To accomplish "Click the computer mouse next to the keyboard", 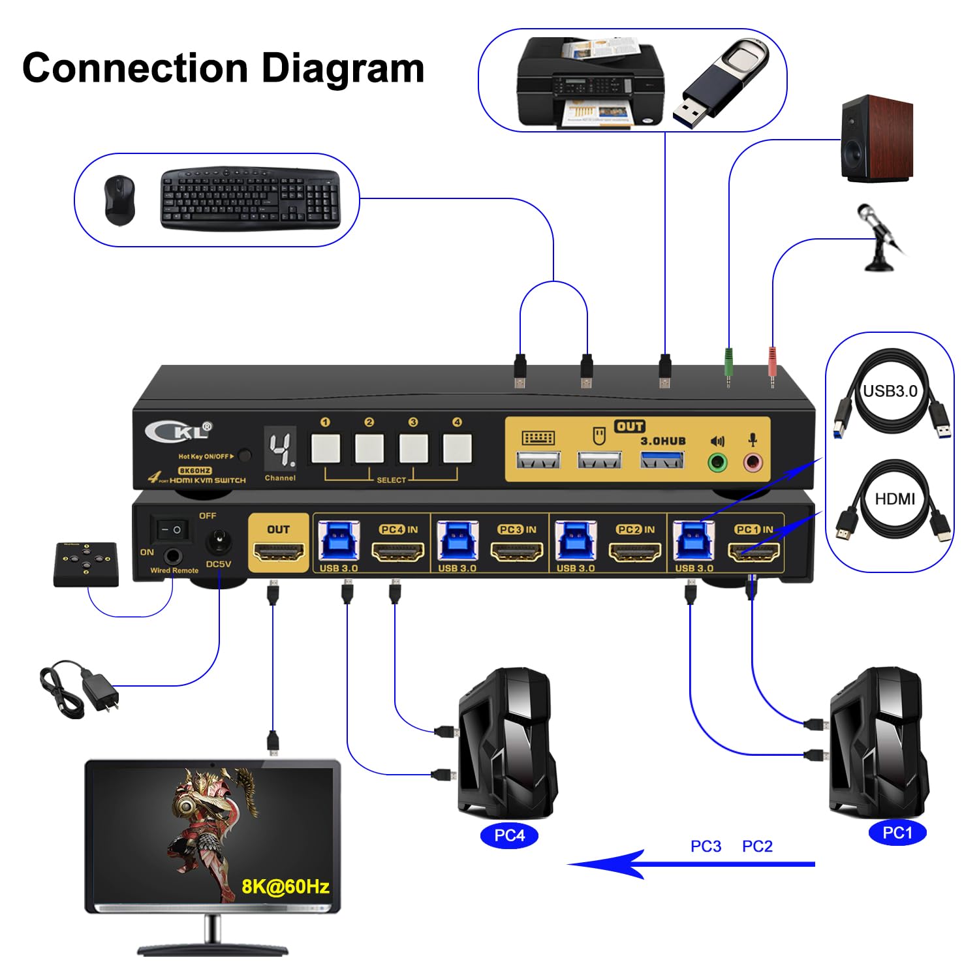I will (x=119, y=200).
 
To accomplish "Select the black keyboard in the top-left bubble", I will (x=250, y=198).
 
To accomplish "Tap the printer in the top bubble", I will (x=590, y=82).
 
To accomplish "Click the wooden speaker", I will (x=877, y=138).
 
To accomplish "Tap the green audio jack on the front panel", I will (x=717, y=463).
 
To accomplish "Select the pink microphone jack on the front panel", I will (x=753, y=463).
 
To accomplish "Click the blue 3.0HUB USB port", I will (x=662, y=460).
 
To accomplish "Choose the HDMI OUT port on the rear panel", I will (x=279, y=553).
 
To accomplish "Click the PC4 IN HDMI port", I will (x=397, y=553).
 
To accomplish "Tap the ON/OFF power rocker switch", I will (x=171, y=529).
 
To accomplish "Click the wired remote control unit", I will (x=86, y=564).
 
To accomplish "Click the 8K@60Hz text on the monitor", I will (x=285, y=886).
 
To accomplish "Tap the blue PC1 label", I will (x=897, y=833).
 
